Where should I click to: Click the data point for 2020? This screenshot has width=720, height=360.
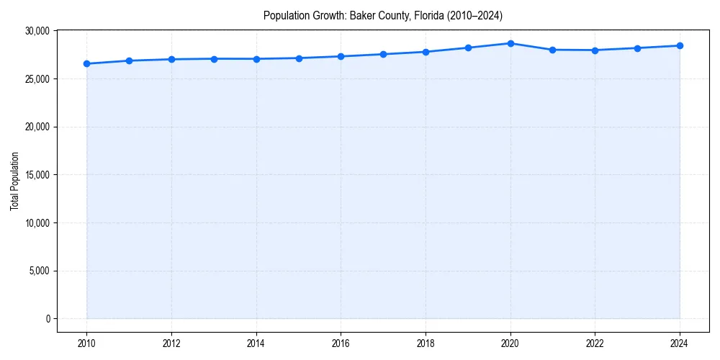coord(510,43)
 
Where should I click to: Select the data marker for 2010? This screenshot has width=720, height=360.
coord(86,63)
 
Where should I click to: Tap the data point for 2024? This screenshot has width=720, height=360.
coord(680,45)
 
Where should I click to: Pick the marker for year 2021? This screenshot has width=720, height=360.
coord(552,50)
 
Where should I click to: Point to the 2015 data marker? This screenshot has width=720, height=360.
coord(299,58)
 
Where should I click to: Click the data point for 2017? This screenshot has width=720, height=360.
coord(383,54)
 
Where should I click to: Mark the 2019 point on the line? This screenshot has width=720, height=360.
coord(468,48)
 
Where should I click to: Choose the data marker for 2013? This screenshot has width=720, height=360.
coord(214,58)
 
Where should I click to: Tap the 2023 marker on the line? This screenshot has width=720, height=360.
coord(637,48)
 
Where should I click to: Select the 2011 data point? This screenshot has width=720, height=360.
coord(129,60)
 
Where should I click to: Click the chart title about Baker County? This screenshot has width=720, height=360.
coord(382,15)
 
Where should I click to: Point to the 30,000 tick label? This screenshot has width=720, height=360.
coord(36,31)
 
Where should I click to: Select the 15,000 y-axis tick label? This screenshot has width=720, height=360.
coord(36,175)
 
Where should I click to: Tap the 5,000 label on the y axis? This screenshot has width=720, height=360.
coord(38,271)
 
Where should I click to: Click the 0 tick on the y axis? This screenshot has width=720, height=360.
coord(47,319)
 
